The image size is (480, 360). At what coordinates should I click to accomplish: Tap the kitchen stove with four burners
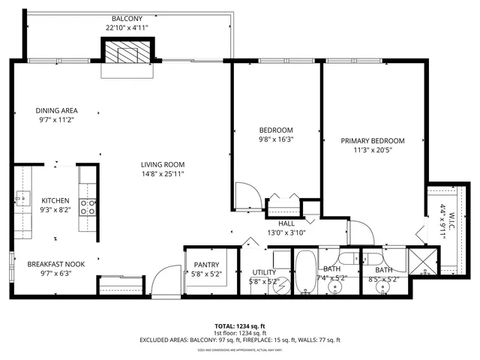(87, 207)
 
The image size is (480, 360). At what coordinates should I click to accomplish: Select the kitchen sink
(22, 199)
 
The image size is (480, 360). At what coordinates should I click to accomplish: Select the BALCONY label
(127, 18)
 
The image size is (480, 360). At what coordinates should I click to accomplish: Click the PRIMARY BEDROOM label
(373, 141)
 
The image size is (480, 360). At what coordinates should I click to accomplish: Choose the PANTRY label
(205, 265)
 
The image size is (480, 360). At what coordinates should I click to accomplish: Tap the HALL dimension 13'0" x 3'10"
(286, 232)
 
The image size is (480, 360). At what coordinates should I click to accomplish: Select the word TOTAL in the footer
(224, 326)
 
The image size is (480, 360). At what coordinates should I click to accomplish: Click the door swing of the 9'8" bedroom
(249, 197)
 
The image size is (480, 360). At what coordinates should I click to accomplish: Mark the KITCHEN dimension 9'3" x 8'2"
(55, 211)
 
